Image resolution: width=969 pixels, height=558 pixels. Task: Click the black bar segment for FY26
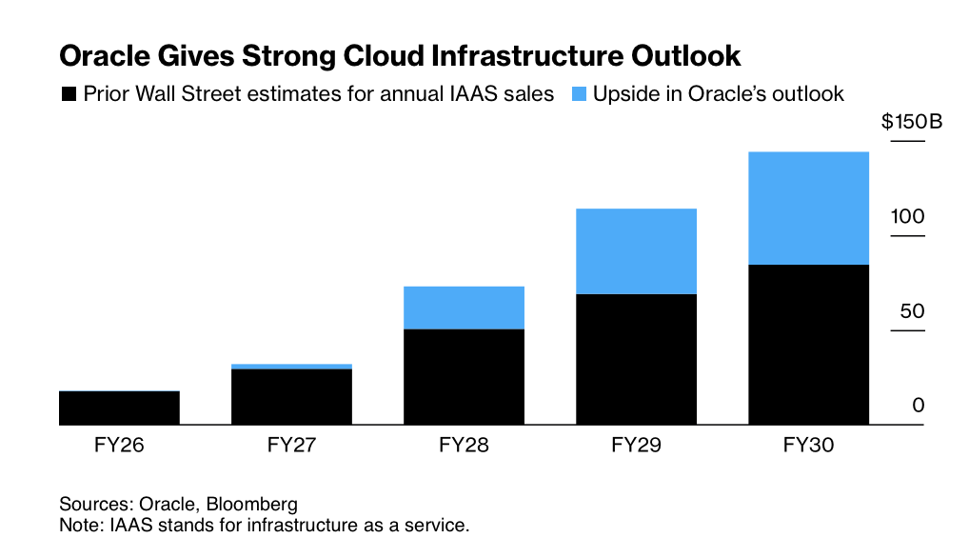tap(119, 409)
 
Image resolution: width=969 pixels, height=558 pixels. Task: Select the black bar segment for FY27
tap(291, 397)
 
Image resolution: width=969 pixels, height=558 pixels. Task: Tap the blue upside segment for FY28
tap(464, 308)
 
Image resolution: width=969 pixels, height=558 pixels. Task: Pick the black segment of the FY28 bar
tap(464, 377)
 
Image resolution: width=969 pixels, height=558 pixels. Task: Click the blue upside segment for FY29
tap(636, 251)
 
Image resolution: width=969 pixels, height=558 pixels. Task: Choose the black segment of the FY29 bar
tap(636, 360)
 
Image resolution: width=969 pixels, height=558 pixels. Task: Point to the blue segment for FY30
tap(808, 208)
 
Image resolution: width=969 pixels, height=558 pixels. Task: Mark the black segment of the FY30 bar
tap(808, 345)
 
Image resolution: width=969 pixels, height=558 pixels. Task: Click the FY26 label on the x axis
tap(119, 445)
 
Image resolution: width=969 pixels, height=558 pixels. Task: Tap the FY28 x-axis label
tap(464, 445)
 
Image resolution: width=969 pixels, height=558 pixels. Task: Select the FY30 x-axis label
tap(808, 445)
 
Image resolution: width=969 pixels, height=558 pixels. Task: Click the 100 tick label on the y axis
tap(907, 217)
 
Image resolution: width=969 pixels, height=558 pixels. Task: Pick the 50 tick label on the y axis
tap(911, 311)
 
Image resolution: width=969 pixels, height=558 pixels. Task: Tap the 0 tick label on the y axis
tap(919, 406)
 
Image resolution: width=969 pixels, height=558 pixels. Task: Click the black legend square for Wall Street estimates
tap(69, 94)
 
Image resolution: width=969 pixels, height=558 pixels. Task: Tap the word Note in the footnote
tap(77, 525)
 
